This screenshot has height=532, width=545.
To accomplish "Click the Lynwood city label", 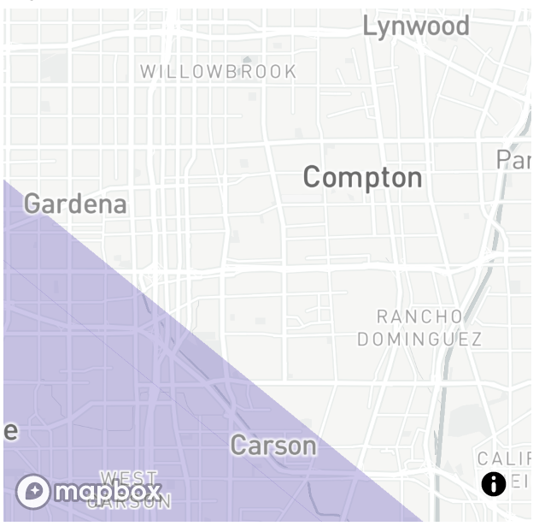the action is pos(416,27).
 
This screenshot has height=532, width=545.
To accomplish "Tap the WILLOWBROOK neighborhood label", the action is pos(219,72).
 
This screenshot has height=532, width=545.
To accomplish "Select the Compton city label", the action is pos(362,177).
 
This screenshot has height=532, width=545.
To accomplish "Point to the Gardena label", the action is pos(75,204).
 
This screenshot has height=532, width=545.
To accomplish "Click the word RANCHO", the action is pos(419,317).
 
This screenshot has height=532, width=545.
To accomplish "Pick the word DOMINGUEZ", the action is pos(419,340).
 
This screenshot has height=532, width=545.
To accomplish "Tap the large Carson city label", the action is pos(273,445).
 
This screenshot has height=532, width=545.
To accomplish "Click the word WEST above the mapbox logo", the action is pos(129,478).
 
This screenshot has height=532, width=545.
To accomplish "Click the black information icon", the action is pos(494,484).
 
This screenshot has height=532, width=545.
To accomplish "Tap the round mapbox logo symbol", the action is pos(33,491).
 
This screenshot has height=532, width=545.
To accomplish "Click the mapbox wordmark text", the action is pos(108,491).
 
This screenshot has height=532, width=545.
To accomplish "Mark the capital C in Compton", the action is pos(314,177).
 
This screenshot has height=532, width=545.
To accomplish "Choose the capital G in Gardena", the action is pos(33,204).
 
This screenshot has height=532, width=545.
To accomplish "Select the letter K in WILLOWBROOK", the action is pos(290,72).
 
